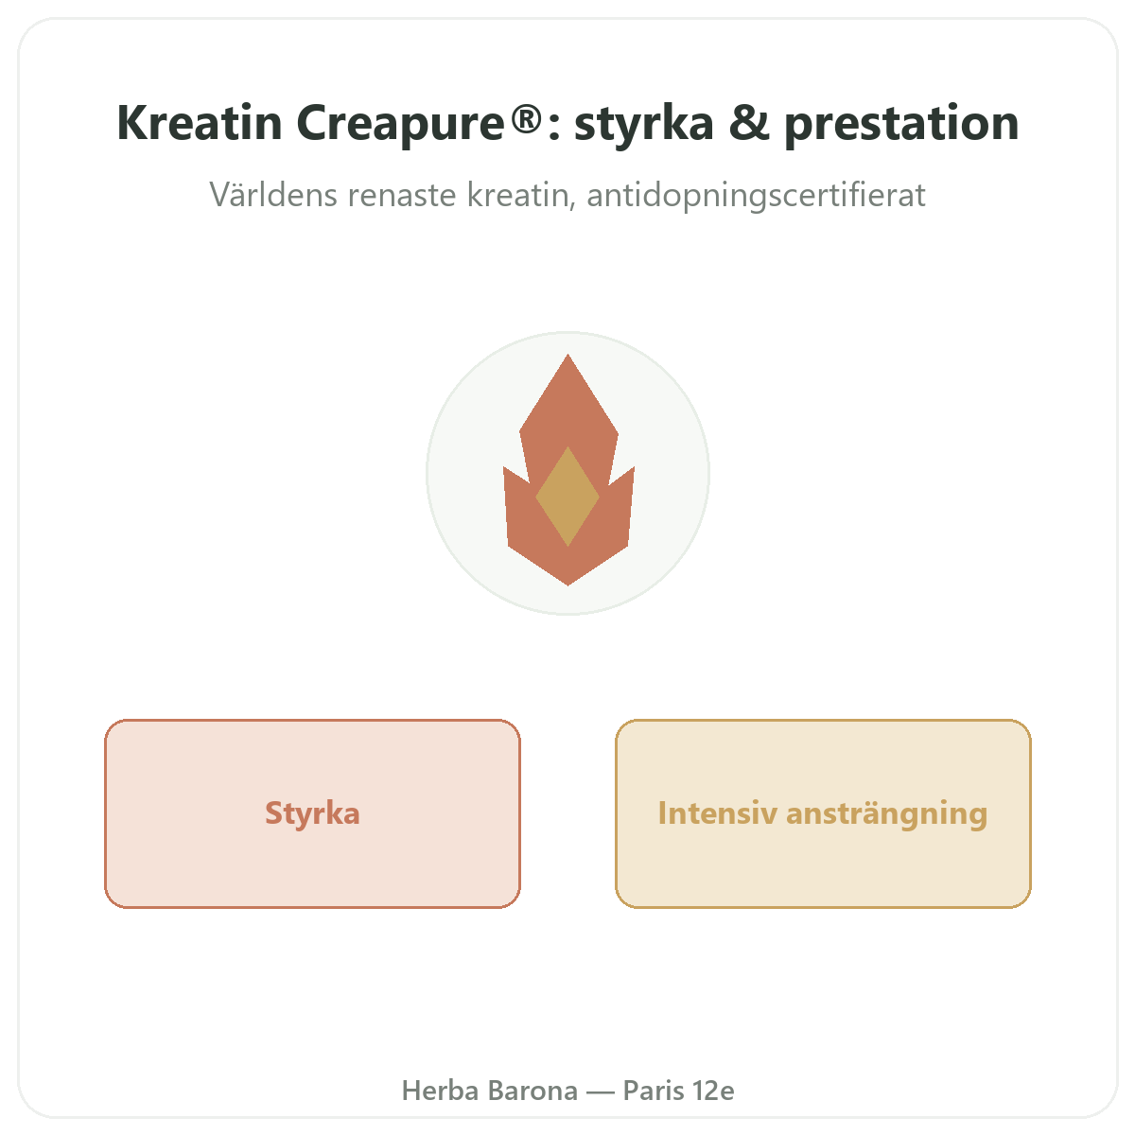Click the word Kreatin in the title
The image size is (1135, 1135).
point(199,123)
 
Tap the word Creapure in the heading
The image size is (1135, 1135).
point(400,124)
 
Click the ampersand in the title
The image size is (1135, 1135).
point(748,123)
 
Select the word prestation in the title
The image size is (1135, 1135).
point(901,124)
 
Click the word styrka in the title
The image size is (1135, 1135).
point(644,124)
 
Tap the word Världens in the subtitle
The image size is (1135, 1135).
point(274,195)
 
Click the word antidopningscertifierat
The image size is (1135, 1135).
point(757,196)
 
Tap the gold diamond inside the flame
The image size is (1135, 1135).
point(567,496)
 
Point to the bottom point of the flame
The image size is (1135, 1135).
point(567,585)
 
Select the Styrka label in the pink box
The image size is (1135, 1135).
point(312,813)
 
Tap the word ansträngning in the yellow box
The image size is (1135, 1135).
point(886,814)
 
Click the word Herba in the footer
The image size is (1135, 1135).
point(440,1091)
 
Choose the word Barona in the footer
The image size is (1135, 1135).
point(533,1091)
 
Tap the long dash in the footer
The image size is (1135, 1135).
point(601,1091)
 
